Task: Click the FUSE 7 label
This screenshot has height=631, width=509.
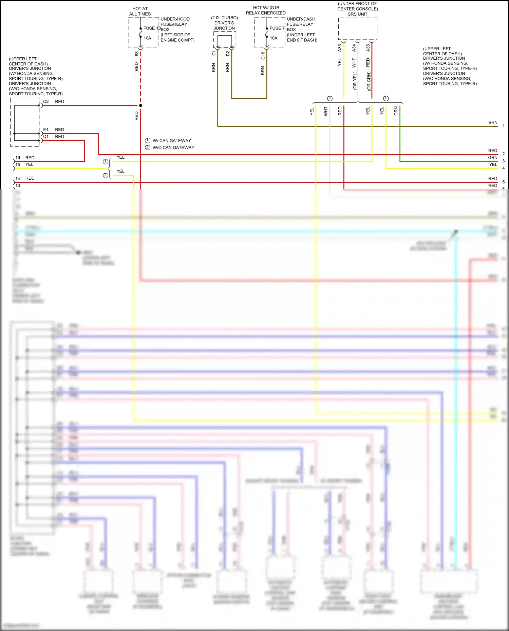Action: (x=277, y=28)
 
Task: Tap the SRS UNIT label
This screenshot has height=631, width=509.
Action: (x=357, y=14)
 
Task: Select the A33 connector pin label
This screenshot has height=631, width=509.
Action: (x=340, y=48)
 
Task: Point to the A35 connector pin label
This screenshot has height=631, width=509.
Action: (x=368, y=48)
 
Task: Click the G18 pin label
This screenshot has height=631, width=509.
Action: (x=263, y=56)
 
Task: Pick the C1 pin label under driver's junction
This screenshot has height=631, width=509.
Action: (x=214, y=53)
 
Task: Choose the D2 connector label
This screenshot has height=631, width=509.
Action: (x=46, y=101)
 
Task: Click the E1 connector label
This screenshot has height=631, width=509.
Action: (x=46, y=130)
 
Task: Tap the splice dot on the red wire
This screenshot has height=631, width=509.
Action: (x=140, y=105)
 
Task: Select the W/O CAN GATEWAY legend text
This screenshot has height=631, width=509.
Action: (x=173, y=147)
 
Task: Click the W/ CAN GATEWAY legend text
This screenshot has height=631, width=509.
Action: (x=172, y=140)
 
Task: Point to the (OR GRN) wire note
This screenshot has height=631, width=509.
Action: (x=369, y=81)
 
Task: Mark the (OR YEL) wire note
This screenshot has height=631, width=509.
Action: (x=355, y=81)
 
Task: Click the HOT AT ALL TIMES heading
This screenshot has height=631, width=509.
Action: (x=140, y=11)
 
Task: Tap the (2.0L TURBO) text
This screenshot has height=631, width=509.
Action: (x=224, y=18)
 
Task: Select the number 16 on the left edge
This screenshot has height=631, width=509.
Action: (x=18, y=158)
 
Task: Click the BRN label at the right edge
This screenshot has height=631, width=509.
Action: (x=493, y=122)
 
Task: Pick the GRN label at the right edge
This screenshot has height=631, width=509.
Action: (x=493, y=158)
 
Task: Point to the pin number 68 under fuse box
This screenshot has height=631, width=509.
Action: (x=137, y=54)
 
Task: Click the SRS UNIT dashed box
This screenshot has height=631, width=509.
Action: (x=358, y=28)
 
